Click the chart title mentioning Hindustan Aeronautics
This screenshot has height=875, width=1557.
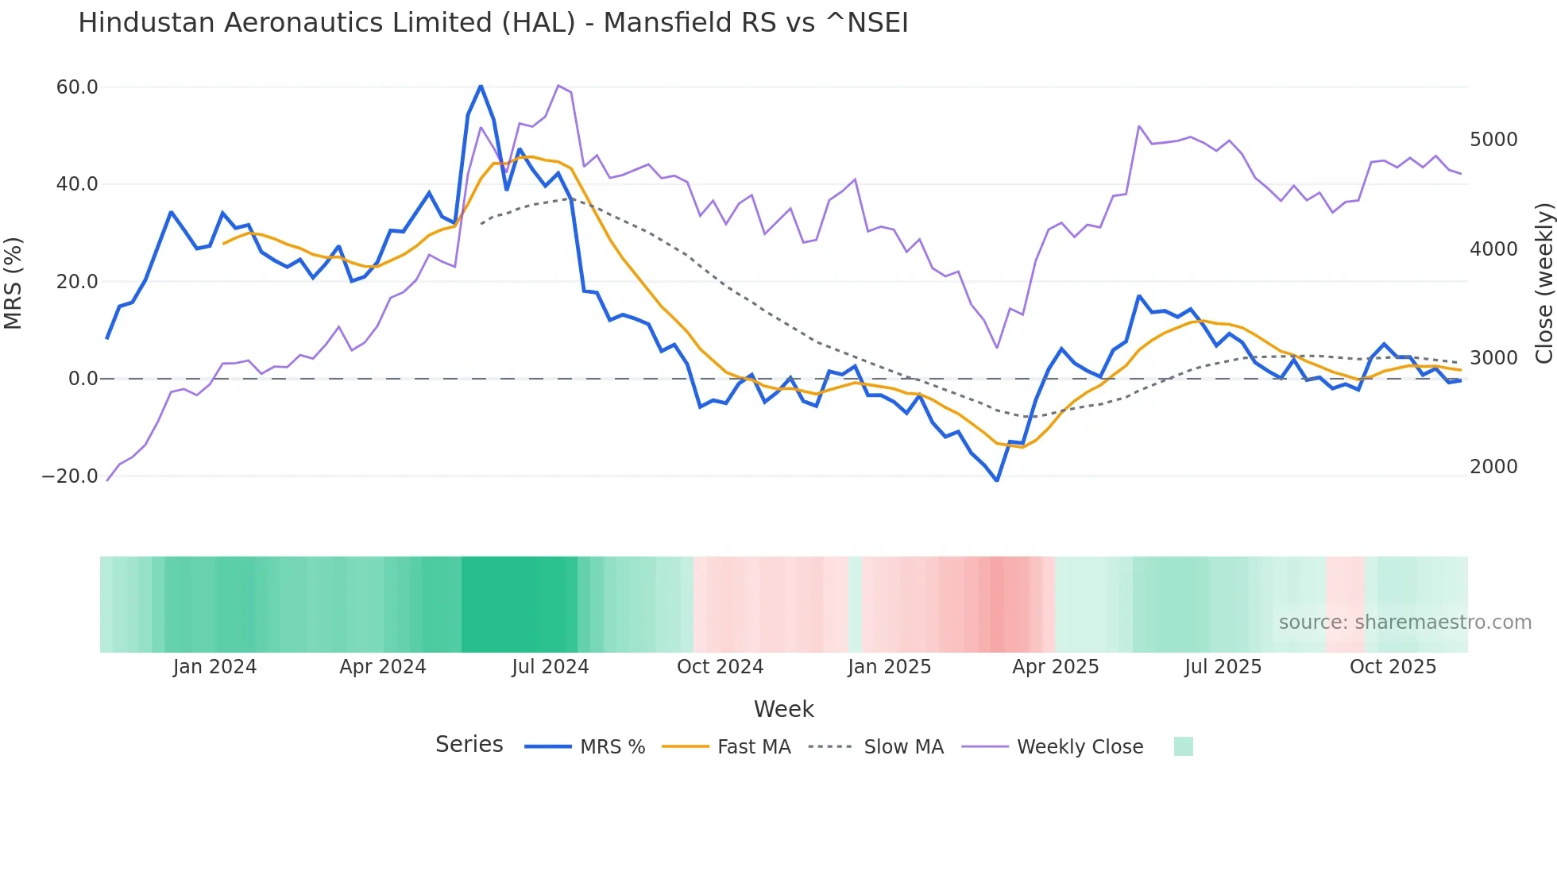point(493,23)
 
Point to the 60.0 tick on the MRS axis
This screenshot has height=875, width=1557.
point(77,87)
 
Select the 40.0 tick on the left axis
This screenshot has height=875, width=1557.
point(77,184)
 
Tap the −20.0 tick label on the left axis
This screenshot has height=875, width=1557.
point(70,476)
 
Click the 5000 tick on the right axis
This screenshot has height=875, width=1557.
point(1493,140)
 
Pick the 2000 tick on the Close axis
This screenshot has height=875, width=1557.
point(1493,467)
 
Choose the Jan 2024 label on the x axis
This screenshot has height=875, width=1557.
point(214,667)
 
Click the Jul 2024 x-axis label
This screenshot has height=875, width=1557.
point(550,667)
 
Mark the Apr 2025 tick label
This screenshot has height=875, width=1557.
point(1055,667)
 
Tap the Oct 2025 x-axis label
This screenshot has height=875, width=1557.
point(1393,667)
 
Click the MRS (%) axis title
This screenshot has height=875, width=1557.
point(14,283)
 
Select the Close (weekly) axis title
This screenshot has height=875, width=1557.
point(1543,283)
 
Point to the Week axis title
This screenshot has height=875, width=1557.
point(783,709)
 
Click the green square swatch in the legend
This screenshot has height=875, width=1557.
point(1183,746)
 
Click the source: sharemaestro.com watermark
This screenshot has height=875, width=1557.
point(1404,623)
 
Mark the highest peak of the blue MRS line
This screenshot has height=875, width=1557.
point(481,86)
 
